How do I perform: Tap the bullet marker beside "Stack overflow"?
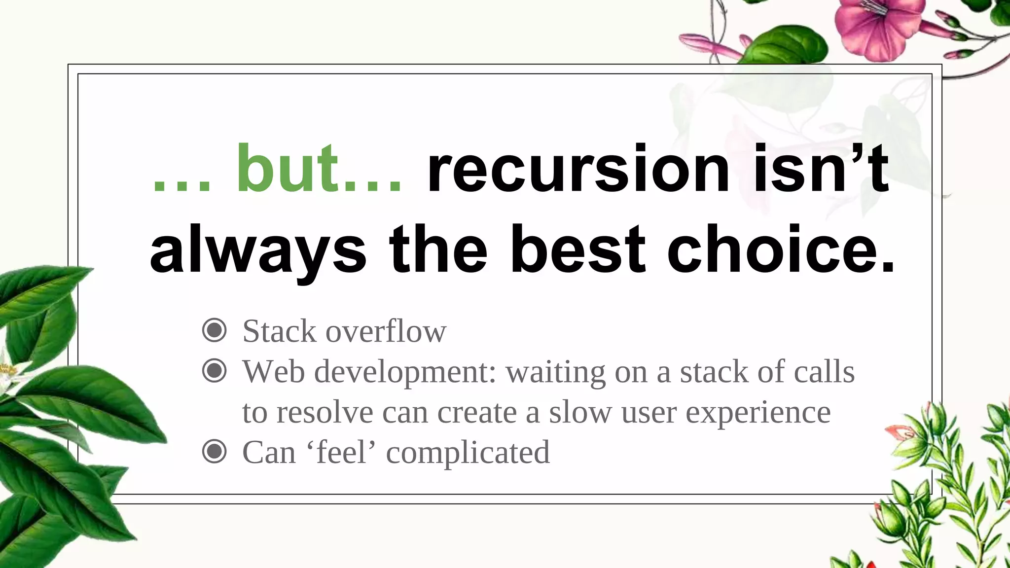click(x=215, y=330)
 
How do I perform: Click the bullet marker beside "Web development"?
click(x=215, y=371)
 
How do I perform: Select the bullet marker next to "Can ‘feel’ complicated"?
click(x=215, y=452)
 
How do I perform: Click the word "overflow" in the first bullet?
click(x=386, y=331)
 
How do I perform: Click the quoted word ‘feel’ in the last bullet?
click(x=341, y=452)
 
